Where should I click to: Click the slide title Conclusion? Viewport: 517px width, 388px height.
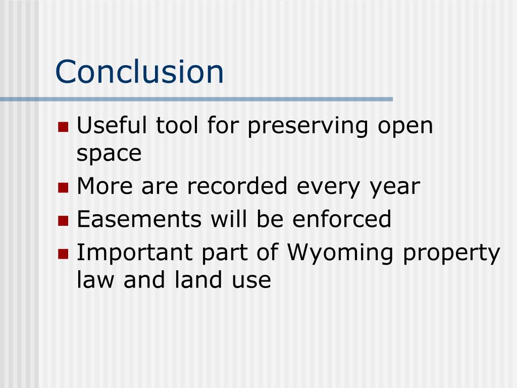pos(139,71)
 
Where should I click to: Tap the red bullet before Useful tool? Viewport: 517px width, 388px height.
pos(63,126)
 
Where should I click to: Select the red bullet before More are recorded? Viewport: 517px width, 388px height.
pos(63,188)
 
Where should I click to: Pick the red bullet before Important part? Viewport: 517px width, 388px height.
pos(63,254)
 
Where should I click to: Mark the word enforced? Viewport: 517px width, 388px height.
pos(342,219)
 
